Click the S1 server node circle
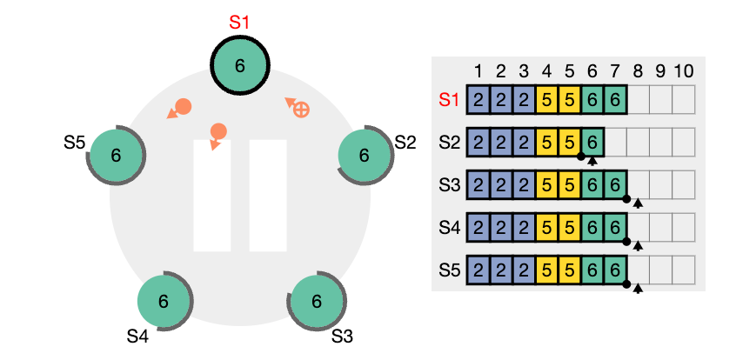click(x=240, y=66)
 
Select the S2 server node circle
click(x=365, y=156)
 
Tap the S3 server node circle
click(x=317, y=301)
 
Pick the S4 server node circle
click(x=163, y=301)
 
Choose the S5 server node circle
click(x=116, y=156)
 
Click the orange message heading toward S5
click(x=179, y=109)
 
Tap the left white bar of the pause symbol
click(x=212, y=196)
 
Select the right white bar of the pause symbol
click(x=268, y=196)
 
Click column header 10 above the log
click(x=684, y=72)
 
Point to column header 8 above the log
click(x=638, y=72)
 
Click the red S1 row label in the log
click(x=450, y=99)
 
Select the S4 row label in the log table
click(x=450, y=228)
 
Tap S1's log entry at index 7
click(x=615, y=99)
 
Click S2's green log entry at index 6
click(x=592, y=143)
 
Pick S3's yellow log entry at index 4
click(x=546, y=185)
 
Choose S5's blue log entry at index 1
click(x=478, y=270)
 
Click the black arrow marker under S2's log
click(x=592, y=161)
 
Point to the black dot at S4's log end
click(x=626, y=241)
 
